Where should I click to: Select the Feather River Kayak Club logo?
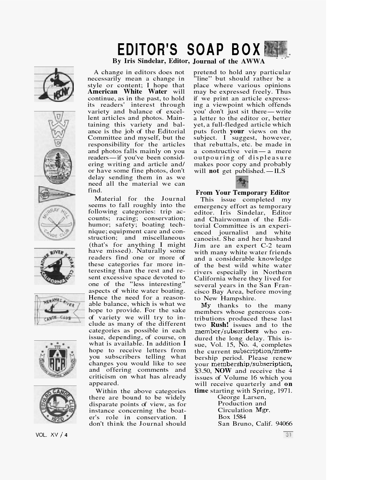(x=54, y=266)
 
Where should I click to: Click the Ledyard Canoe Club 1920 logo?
(x=55, y=405)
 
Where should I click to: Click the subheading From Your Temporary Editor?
(x=242, y=193)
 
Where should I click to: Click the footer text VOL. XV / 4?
(x=52, y=435)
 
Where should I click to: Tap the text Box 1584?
(x=232, y=417)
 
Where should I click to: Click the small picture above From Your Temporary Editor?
(x=242, y=182)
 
